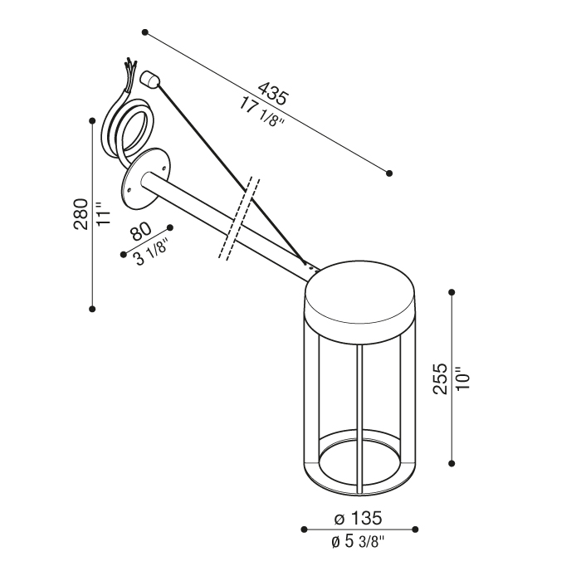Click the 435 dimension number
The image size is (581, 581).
(x=272, y=93)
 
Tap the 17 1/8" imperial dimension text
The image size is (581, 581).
(x=261, y=111)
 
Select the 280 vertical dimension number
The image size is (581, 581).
(x=81, y=214)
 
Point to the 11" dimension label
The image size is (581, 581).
(x=104, y=213)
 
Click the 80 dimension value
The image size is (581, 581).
(x=141, y=231)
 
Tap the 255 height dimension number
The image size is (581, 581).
(x=441, y=378)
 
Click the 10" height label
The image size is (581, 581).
(x=463, y=378)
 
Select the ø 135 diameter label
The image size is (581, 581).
(x=358, y=518)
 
